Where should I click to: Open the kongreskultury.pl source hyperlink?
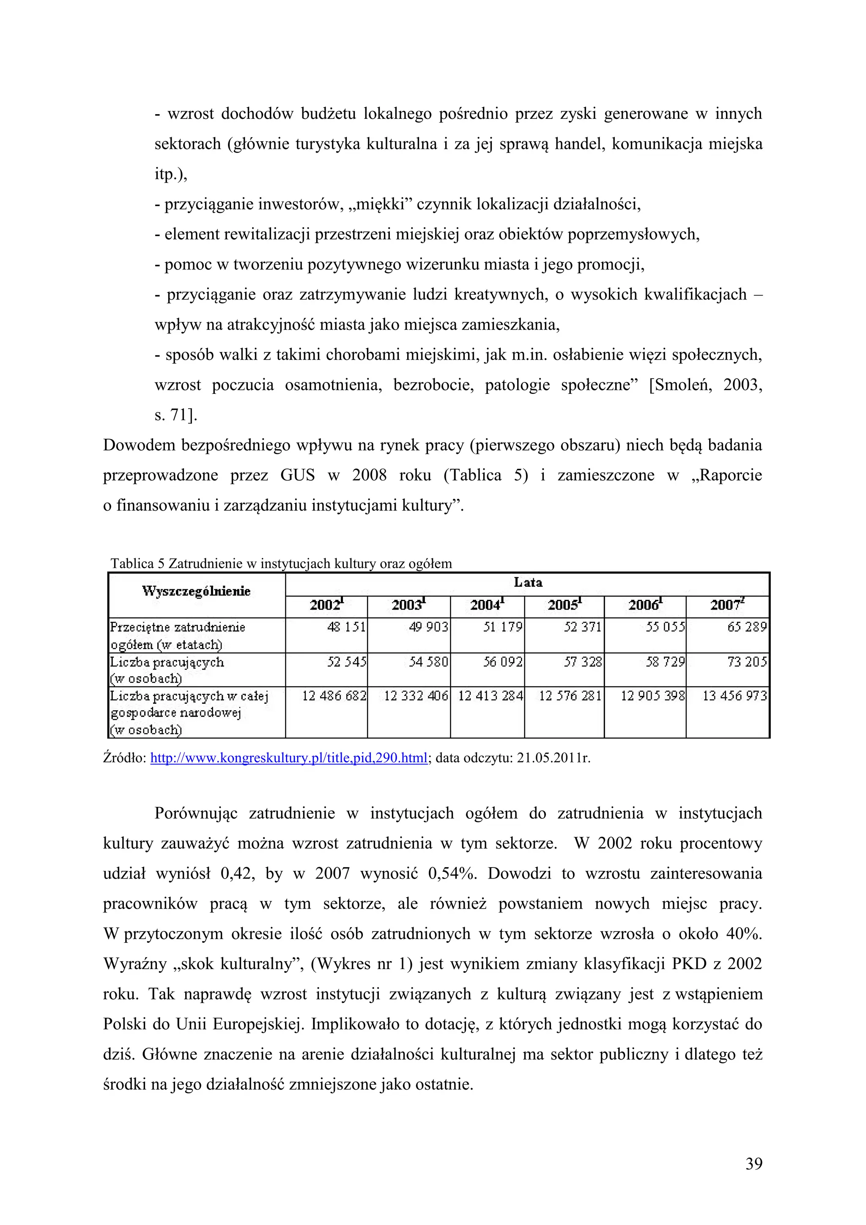click(x=288, y=758)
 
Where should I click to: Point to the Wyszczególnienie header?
click(x=196, y=591)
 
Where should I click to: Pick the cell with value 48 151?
click(x=346, y=627)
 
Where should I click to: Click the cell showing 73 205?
click(x=747, y=662)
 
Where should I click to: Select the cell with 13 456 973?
click(x=734, y=696)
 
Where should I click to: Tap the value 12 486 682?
click(x=334, y=696)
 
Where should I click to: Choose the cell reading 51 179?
click(x=502, y=627)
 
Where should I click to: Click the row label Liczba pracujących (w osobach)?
click(x=167, y=670)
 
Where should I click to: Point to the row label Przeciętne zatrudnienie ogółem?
click(x=177, y=635)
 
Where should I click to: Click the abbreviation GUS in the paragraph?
click(x=298, y=475)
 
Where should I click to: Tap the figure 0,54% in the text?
click(x=452, y=873)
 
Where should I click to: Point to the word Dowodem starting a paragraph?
click(x=139, y=445)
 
